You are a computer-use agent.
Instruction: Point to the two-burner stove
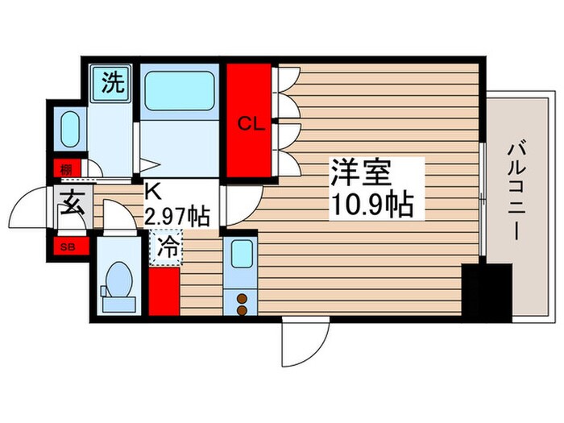[x=242, y=303]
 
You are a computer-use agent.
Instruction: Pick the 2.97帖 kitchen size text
[x=176, y=217]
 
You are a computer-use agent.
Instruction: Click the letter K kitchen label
[x=151, y=193]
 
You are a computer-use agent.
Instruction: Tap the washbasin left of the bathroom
[x=70, y=128]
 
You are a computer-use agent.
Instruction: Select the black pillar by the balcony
[x=487, y=291]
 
